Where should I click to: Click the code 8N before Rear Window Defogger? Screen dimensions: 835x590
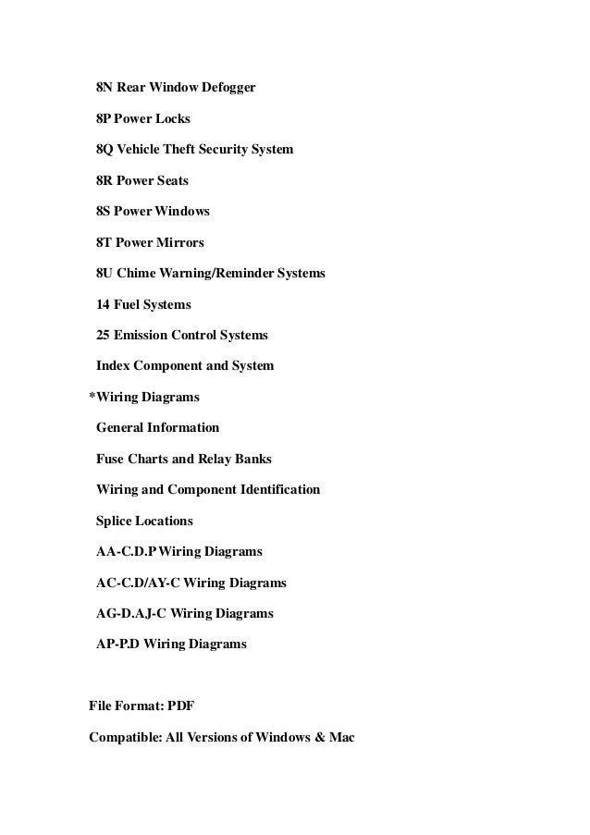104,88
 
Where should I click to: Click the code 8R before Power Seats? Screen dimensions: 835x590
104,181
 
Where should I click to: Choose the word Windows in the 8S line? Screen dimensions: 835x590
182,212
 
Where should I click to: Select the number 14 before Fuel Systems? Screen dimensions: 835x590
104,304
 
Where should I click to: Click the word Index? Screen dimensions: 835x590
113,366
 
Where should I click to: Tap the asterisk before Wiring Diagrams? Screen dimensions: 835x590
92,396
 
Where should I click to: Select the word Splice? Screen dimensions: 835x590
116,521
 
